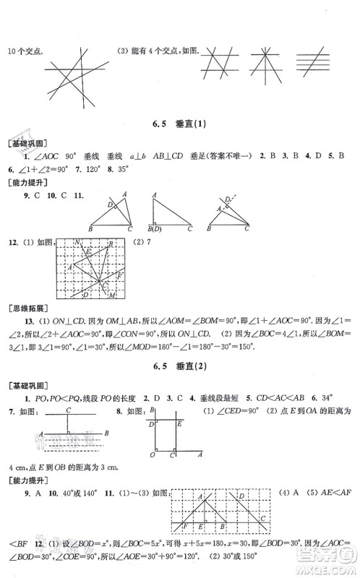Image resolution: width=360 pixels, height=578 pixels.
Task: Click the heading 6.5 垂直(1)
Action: (x=180, y=124)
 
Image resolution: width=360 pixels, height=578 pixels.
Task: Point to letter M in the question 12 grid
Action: (x=112, y=293)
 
